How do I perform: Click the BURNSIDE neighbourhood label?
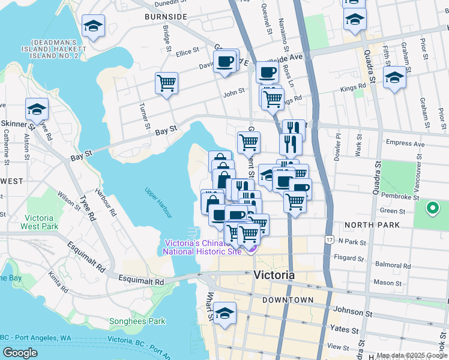tap(166, 17)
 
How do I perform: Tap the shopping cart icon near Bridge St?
tap(166, 83)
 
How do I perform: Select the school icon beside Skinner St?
tap(37, 110)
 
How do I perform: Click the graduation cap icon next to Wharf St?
tap(224, 314)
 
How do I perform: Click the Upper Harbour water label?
tap(158, 203)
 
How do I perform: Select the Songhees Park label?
tap(137, 321)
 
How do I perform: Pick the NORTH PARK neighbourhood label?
tap(368, 225)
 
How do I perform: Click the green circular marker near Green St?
tap(431, 208)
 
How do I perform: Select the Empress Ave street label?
tap(406, 143)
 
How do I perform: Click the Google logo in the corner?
tap(20, 352)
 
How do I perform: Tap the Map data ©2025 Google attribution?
tap(412, 355)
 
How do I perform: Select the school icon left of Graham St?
tap(394, 78)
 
